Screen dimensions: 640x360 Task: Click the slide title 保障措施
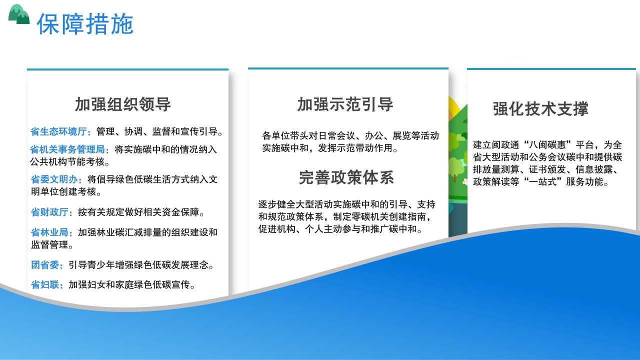point(85,24)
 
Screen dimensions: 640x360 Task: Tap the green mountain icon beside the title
point(19,14)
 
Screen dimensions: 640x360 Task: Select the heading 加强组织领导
point(123,104)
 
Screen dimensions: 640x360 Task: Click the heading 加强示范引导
point(345,104)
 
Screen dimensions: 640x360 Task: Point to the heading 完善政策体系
point(346,177)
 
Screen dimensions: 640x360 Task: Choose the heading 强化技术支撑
point(540,109)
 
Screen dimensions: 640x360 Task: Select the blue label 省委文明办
point(54,179)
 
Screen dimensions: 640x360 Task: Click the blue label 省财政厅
point(49,212)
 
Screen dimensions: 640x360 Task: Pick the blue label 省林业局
point(49,232)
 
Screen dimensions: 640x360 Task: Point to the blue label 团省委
point(45,265)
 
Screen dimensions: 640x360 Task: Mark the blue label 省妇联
point(45,285)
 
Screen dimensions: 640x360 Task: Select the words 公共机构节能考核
point(67,162)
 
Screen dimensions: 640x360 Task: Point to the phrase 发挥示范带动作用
point(355,148)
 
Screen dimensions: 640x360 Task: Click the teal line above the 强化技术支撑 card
point(551,69)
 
